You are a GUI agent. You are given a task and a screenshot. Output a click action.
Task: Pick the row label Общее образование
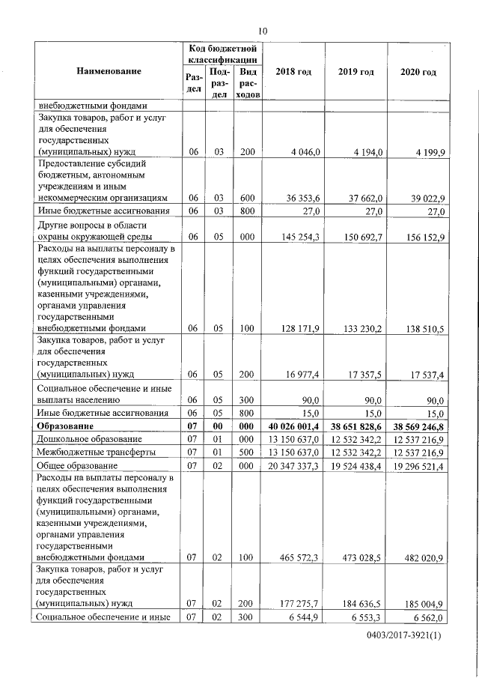(79, 465)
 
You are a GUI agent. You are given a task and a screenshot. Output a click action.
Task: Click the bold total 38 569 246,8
(419, 426)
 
